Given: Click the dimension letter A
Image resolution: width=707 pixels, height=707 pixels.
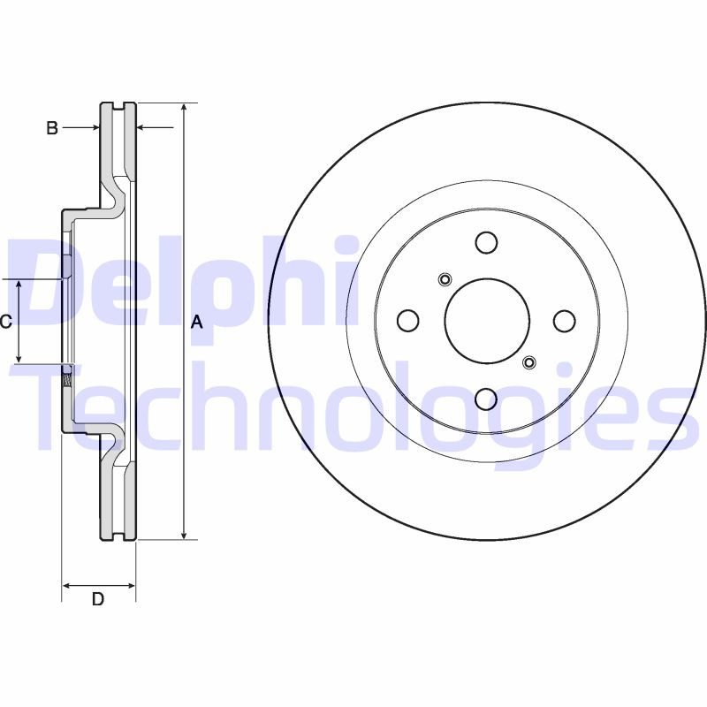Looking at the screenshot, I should click(197, 323).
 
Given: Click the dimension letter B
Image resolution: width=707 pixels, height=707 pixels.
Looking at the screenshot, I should click(52, 128).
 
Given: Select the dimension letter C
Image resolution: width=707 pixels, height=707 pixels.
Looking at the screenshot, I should click(5, 322).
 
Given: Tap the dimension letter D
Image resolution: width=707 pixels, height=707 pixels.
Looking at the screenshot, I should click(98, 599).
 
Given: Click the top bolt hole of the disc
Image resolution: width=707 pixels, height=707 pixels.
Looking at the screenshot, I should click(486, 242).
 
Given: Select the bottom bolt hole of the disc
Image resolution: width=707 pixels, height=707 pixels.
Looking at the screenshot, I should click(486, 399).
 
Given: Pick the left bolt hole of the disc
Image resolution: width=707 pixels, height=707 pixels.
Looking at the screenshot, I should click(407, 321).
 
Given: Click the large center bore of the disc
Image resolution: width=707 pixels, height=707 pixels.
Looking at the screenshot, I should click(486, 321).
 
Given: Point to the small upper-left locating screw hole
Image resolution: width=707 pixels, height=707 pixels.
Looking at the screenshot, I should click(445, 281).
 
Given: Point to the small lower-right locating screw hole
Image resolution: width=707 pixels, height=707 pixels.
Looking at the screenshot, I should click(528, 361).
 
